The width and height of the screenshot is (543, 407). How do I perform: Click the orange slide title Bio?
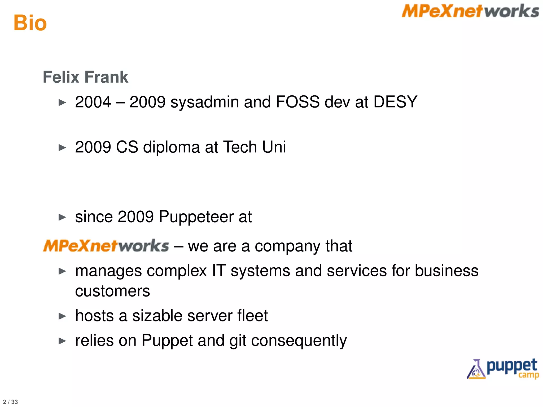tap(30, 23)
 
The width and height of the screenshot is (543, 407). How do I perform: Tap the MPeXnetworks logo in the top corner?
tap(470, 11)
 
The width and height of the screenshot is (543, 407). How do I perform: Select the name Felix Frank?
tap(85, 77)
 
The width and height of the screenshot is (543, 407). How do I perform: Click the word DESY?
tap(395, 102)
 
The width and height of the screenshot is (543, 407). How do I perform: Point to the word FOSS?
tap(298, 102)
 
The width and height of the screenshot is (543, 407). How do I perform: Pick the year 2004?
tap(93, 102)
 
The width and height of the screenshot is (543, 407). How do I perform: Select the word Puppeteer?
tap(196, 217)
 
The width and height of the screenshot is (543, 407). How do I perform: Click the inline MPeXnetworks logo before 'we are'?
tap(106, 246)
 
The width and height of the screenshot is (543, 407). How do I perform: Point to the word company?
tap(287, 246)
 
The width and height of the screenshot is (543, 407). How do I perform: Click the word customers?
tap(112, 291)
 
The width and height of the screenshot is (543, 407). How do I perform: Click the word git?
tap(238, 341)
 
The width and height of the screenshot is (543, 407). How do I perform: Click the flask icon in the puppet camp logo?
tap(476, 369)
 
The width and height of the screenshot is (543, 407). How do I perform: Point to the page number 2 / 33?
tap(10, 402)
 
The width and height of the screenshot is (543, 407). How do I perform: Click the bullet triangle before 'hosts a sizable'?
tap(62, 316)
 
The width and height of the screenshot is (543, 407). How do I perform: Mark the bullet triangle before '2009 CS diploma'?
tap(62, 148)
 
